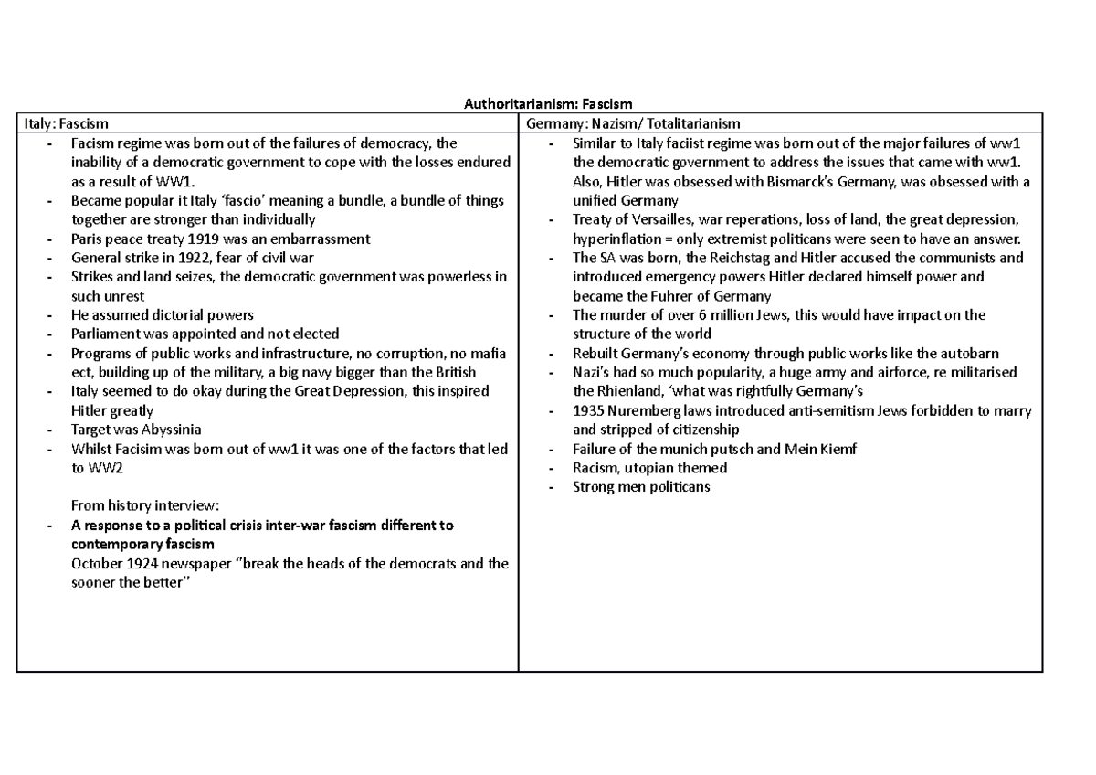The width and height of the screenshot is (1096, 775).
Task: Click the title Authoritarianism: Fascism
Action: (547, 104)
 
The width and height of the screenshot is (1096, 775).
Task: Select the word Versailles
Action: (642, 219)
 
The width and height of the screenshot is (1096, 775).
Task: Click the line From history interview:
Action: (144, 506)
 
